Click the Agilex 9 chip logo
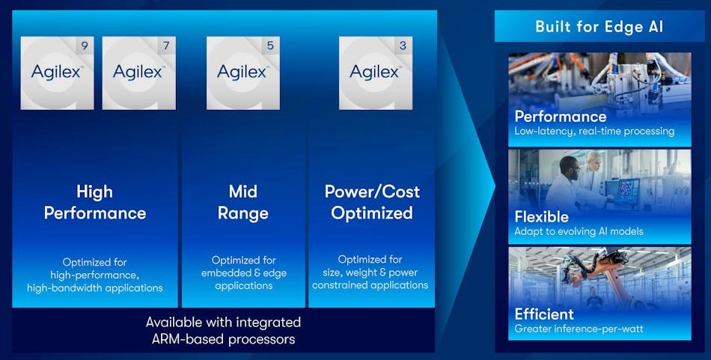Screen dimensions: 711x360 [57, 73]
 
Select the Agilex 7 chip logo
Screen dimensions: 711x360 [138, 73]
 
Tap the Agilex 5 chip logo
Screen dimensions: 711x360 [243, 73]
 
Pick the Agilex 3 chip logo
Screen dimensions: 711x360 [376, 73]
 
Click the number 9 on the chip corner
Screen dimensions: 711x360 [85, 46]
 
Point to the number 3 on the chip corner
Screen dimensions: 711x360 [403, 46]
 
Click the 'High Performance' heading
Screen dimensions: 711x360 [95, 202]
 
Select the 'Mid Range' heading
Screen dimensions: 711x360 [243, 202]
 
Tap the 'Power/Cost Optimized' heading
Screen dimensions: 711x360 [372, 202]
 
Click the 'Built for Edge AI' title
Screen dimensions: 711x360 [599, 26]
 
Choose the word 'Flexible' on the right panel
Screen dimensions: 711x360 [541, 217]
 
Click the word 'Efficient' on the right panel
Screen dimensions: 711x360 [544, 314]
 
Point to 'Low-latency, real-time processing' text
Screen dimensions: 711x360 [594, 132]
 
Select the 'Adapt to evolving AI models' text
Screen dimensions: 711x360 [579, 231]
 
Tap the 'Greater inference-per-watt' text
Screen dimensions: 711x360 [579, 329]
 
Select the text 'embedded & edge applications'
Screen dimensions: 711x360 [243, 279]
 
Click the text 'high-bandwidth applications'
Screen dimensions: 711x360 [95, 287]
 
